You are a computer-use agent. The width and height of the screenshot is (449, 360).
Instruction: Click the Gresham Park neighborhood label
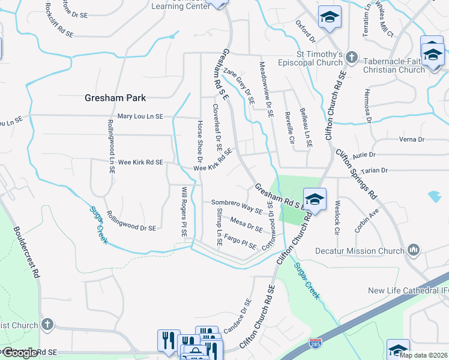point(115,97)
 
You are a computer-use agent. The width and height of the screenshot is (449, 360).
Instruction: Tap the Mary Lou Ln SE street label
point(140,116)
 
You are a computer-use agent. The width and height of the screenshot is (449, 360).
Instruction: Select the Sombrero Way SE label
point(237,206)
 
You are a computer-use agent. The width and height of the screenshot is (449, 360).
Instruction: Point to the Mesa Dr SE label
point(246,224)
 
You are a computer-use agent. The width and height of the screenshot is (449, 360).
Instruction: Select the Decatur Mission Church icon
point(413,250)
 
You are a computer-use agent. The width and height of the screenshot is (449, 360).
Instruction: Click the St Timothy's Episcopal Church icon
point(352,59)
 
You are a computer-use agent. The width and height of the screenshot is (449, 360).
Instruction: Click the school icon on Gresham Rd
point(314,199)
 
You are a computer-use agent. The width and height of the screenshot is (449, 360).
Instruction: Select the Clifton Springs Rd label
point(357,173)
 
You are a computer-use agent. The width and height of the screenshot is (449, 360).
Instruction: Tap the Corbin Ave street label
point(367,221)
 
